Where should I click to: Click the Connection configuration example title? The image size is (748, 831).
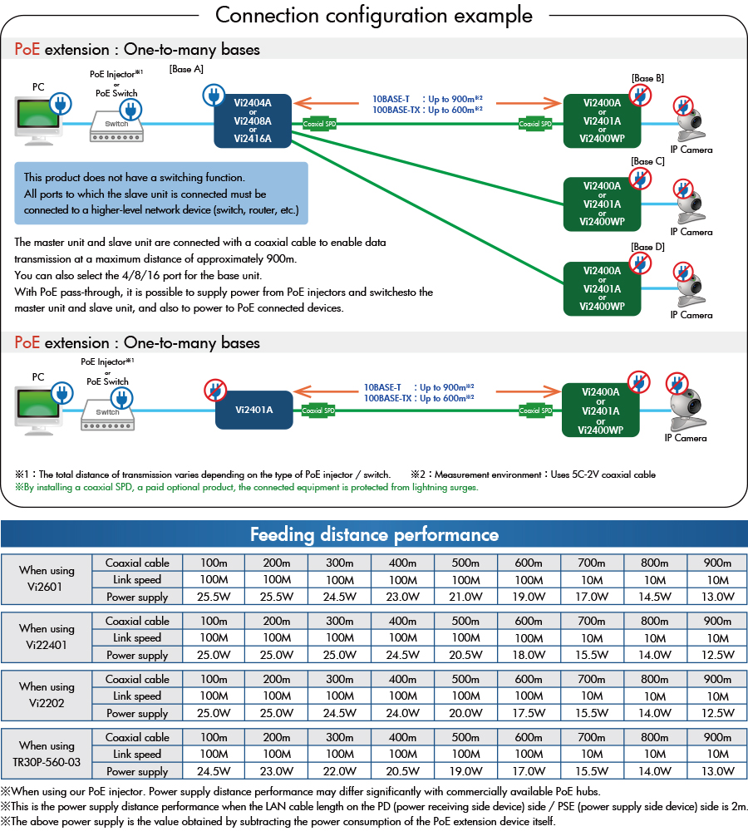(x=374, y=15)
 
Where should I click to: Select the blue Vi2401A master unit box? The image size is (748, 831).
(x=253, y=410)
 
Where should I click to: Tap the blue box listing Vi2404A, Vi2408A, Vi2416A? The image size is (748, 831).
(x=253, y=121)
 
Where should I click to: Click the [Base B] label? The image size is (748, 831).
(x=647, y=78)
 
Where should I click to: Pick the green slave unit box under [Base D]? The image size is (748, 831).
(x=602, y=288)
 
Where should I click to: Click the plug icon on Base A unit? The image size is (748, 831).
(x=213, y=98)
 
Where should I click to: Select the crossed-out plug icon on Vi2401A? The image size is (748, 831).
(x=214, y=390)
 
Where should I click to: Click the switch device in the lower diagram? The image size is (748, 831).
(x=107, y=413)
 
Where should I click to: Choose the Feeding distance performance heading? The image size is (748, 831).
(x=374, y=534)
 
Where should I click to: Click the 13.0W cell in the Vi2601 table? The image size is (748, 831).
(x=717, y=597)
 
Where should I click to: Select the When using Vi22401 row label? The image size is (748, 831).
(x=47, y=637)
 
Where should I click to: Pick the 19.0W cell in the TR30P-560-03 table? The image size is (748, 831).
(x=465, y=771)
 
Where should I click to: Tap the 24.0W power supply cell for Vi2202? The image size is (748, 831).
(x=402, y=713)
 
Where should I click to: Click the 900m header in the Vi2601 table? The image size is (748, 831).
(x=717, y=563)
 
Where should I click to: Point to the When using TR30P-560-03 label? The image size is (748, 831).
(x=47, y=754)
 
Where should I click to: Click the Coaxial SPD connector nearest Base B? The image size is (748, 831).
(x=535, y=124)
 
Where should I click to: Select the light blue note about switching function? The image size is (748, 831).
(x=161, y=194)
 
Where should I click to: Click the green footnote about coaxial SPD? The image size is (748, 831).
(x=247, y=487)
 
